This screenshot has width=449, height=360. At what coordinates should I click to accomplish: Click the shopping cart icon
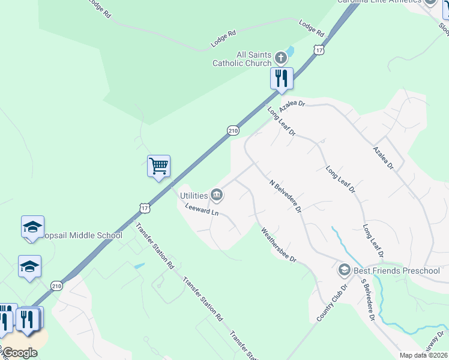pyautogui.click(x=159, y=166)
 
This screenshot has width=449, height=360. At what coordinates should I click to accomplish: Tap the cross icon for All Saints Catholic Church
pyautogui.click(x=280, y=58)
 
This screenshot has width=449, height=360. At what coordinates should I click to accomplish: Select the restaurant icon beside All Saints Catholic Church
pyautogui.click(x=281, y=78)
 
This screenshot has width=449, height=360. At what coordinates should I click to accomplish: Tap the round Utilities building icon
pyautogui.click(x=217, y=195)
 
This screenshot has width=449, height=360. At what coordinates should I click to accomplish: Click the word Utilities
pyautogui.click(x=194, y=195)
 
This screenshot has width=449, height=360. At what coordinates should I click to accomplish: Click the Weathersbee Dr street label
pyautogui.click(x=277, y=244)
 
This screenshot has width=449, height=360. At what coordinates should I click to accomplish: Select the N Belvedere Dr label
pyautogui.click(x=285, y=196)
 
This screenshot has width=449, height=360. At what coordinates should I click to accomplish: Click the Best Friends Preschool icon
pyautogui.click(x=344, y=271)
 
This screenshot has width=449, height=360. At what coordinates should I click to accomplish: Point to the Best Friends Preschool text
pyautogui.click(x=397, y=271)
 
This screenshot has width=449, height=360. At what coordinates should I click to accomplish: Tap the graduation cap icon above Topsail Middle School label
pyautogui.click(x=32, y=227)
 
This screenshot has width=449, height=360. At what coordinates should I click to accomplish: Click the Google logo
pyautogui.click(x=20, y=353)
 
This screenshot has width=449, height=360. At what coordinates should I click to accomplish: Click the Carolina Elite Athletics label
pyautogui.click(x=379, y=2)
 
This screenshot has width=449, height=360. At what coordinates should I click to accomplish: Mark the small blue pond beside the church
pyautogui.click(x=290, y=52)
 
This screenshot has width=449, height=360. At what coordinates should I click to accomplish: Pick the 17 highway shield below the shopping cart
pyautogui.click(x=144, y=208)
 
